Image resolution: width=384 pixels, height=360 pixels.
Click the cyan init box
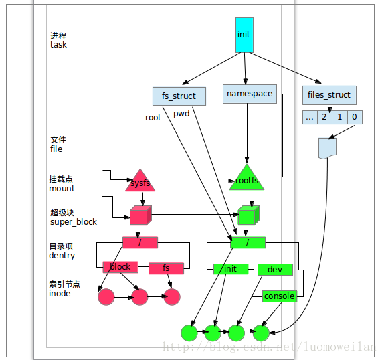244,35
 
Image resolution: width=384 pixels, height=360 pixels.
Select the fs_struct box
179,96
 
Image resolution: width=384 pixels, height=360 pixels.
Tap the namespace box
250,94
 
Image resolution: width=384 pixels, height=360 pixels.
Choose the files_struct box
329,95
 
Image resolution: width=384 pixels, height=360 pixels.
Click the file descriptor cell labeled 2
324,117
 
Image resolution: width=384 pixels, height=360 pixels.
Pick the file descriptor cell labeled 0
355,117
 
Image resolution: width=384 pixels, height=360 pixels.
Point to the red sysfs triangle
140,181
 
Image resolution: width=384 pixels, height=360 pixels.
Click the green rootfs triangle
247,178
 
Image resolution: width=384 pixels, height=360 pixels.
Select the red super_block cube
140,215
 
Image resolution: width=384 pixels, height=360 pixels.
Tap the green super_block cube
249,215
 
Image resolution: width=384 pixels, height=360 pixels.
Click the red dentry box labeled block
120,267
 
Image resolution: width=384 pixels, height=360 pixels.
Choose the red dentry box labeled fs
166,268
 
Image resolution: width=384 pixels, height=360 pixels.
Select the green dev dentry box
275,270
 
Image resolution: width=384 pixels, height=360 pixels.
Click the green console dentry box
279,296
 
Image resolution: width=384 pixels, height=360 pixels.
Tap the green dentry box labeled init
230,269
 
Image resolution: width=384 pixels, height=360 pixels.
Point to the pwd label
181,114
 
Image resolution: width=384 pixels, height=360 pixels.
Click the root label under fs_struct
153,118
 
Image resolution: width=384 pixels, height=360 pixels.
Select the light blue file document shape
327,148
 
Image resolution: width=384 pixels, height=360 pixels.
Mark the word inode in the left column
60,293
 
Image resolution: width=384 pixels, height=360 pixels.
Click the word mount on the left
62,189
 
